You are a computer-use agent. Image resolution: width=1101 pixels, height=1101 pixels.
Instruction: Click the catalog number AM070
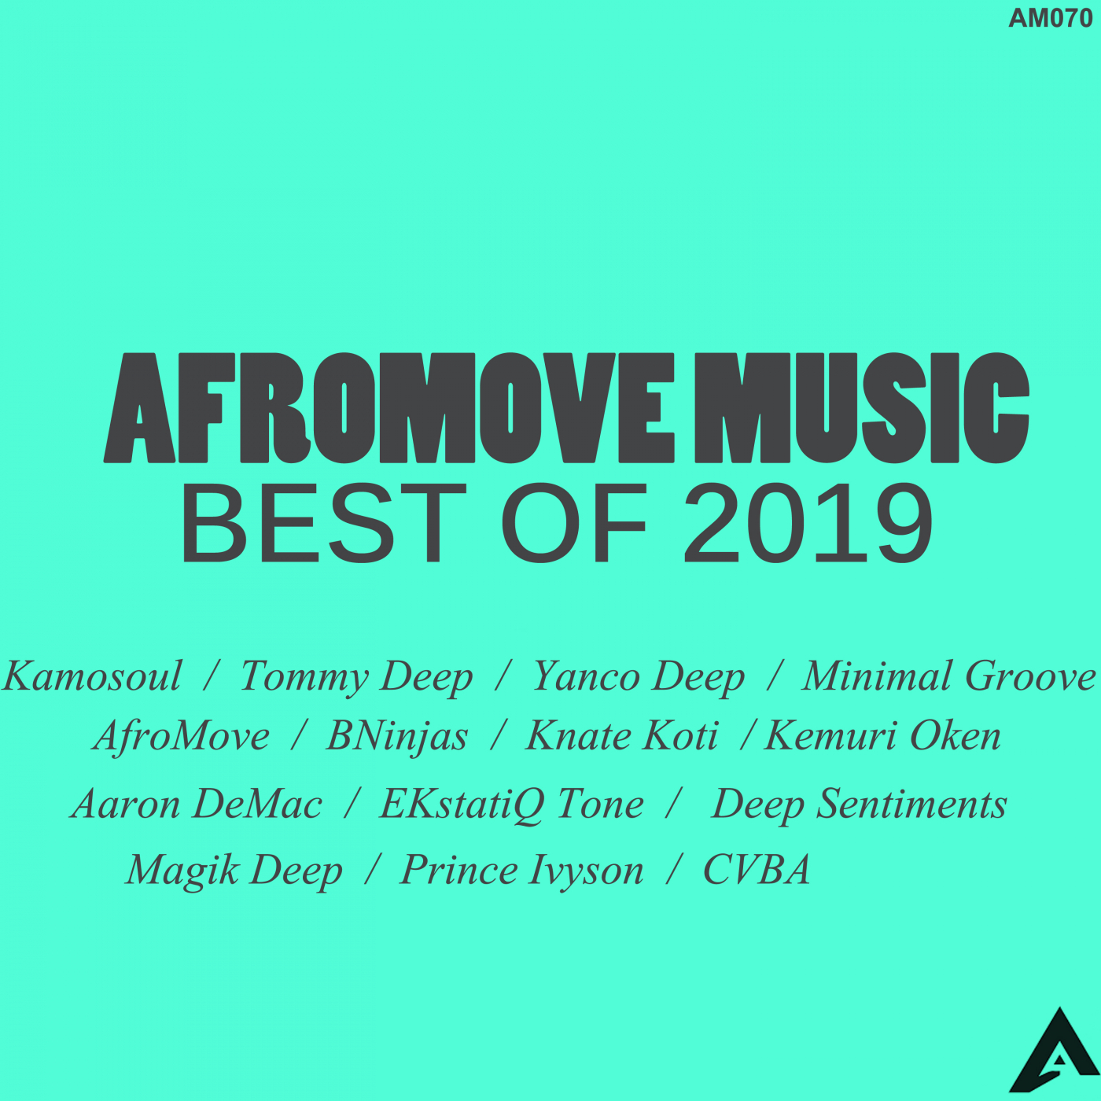(x=1050, y=19)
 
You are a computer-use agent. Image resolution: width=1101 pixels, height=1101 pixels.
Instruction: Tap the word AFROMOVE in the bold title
(x=388, y=407)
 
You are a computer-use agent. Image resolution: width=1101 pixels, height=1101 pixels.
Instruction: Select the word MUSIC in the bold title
(x=862, y=407)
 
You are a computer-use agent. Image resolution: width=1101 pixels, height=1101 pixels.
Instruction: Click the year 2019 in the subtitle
(x=808, y=522)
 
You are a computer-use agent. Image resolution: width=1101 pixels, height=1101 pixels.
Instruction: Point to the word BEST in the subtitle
(x=323, y=522)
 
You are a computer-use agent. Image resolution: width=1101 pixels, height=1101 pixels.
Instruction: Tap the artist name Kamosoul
(x=93, y=676)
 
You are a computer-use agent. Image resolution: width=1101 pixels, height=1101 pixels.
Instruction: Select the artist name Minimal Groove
(x=949, y=676)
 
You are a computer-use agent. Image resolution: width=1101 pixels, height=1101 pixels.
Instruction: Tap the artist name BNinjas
(x=397, y=738)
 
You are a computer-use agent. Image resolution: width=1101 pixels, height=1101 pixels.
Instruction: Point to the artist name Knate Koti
(x=621, y=736)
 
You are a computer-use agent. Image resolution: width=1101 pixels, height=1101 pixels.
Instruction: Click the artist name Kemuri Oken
(x=882, y=736)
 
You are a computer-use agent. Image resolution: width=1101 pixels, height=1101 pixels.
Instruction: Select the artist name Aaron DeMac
(x=197, y=805)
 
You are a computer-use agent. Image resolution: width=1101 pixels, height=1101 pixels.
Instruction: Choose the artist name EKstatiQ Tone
(x=511, y=805)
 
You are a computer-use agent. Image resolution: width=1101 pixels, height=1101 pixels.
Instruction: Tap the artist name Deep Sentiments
(x=859, y=805)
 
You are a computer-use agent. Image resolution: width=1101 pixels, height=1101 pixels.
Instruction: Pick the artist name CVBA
(x=757, y=870)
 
